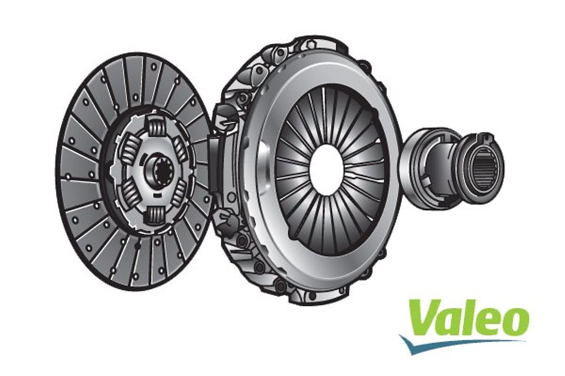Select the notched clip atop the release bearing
485,138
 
